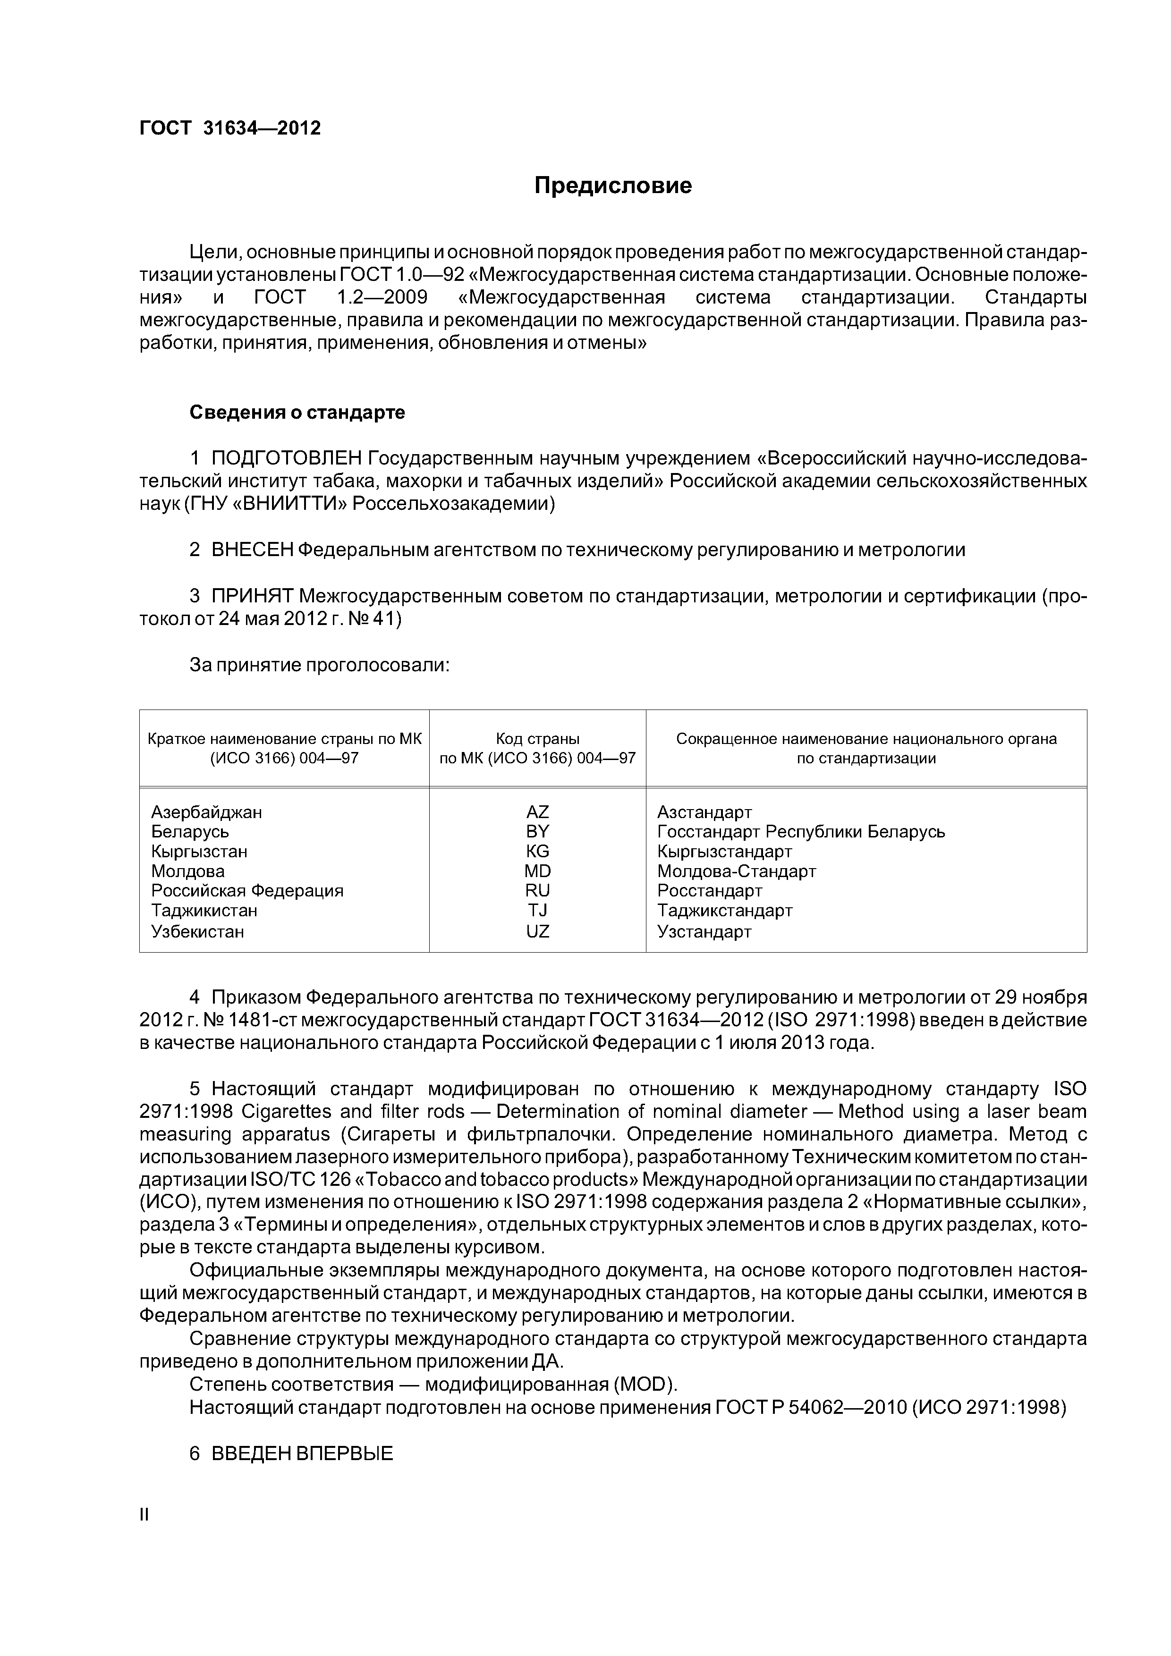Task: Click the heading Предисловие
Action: click(612, 186)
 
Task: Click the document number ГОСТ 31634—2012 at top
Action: click(229, 128)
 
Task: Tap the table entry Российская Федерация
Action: click(247, 891)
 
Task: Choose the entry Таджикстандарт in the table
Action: click(724, 911)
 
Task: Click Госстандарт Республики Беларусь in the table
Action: click(800, 832)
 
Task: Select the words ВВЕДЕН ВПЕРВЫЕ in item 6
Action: click(302, 1454)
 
